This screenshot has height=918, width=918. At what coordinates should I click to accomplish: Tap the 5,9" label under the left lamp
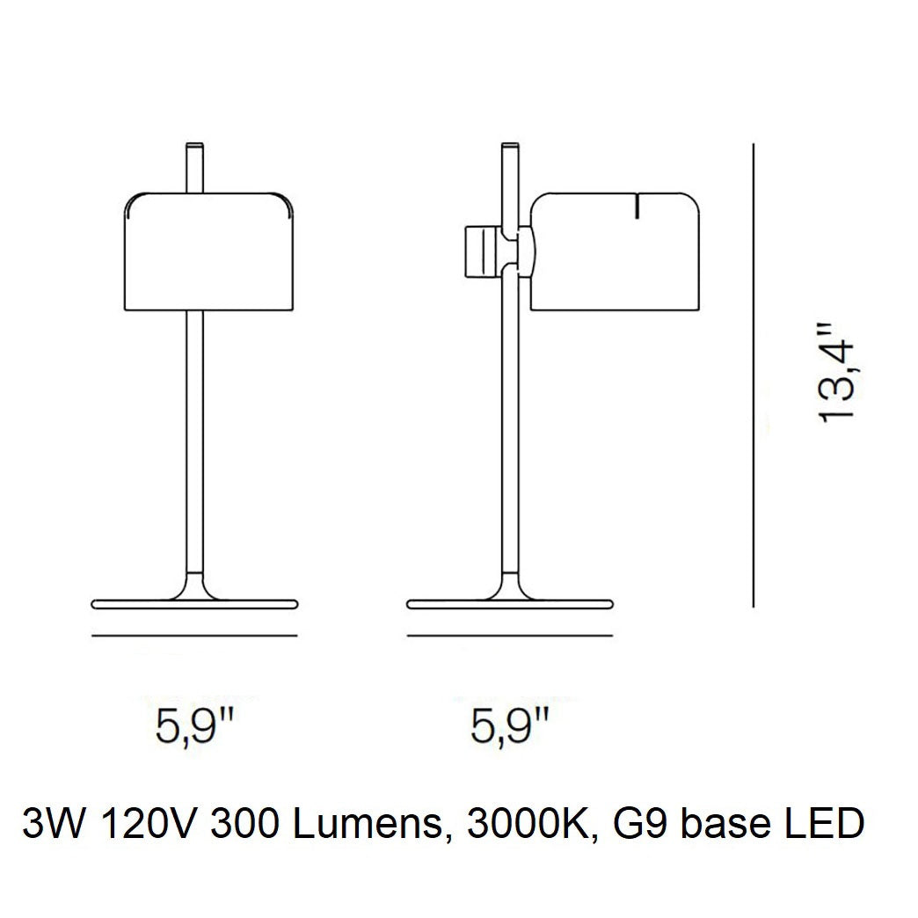[194, 726]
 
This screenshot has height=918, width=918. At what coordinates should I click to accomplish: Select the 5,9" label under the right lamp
[510, 726]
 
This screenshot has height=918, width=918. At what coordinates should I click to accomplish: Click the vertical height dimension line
[754, 375]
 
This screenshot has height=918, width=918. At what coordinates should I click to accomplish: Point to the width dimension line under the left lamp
[194, 635]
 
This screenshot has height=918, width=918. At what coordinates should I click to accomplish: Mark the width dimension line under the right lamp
[510, 635]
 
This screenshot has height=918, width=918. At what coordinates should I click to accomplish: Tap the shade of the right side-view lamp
[615, 251]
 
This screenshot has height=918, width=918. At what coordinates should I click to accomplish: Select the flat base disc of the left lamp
[195, 603]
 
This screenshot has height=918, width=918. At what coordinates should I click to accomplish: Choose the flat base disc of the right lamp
[510, 603]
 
